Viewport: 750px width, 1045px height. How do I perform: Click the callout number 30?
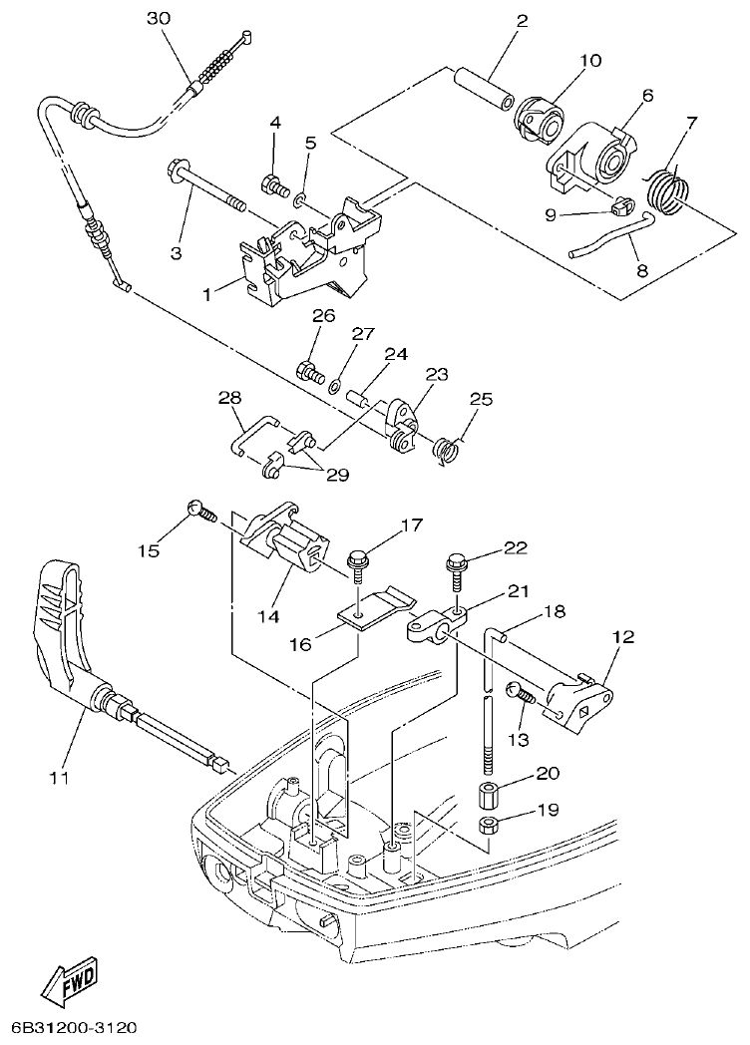(x=159, y=19)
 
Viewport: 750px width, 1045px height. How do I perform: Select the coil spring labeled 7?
(x=665, y=189)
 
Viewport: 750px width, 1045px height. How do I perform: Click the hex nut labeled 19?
(x=489, y=825)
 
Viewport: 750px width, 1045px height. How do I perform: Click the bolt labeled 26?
(x=309, y=374)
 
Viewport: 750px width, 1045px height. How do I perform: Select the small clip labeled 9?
(x=622, y=207)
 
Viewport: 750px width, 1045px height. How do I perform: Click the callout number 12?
(x=622, y=635)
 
